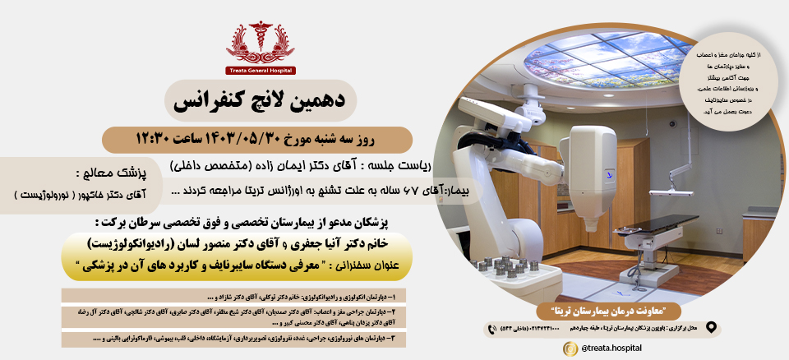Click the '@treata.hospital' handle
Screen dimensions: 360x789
612,348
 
